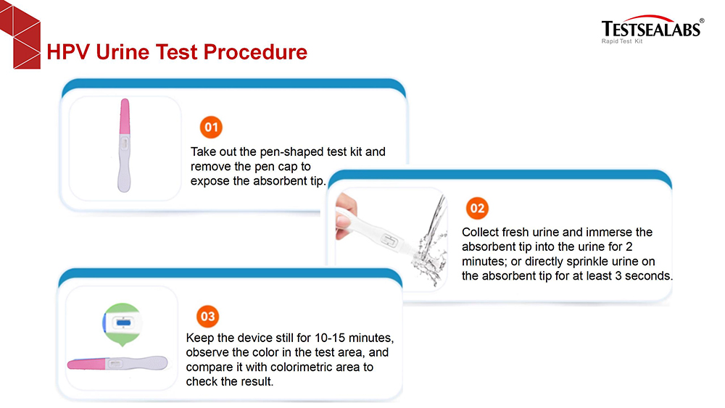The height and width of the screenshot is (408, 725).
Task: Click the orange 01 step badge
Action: point(211,127)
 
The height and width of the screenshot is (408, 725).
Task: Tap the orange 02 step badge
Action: point(477,208)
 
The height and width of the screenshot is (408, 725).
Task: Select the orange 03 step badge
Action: point(207,317)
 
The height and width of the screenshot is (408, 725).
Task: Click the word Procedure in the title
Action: point(255,51)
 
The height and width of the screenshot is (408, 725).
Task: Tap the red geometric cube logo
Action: point(20,35)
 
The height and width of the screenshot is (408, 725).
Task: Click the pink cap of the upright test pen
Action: point(125,117)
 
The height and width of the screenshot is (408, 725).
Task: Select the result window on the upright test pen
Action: point(125,144)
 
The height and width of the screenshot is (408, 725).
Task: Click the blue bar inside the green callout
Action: point(123,322)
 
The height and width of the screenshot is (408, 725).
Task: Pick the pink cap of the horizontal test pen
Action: point(86,364)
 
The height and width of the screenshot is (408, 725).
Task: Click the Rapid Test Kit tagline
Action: point(622,41)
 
